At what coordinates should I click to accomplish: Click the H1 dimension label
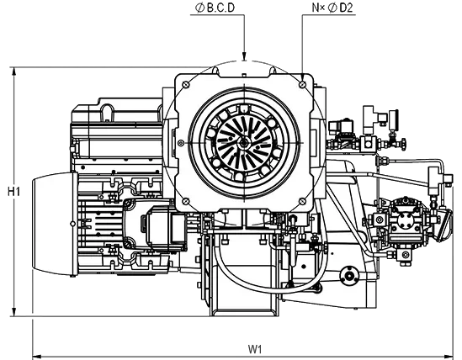pos(13,192)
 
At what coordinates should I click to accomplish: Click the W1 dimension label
pos(255,349)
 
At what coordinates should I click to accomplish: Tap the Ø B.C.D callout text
pos(215,8)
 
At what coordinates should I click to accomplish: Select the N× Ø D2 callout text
pos(332,8)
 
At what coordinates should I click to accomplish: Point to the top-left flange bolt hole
pos(186,84)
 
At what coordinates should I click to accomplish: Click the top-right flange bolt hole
pos(302,85)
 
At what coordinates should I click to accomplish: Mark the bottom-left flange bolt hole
pos(185,202)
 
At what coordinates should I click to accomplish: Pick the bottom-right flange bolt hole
pos(303,202)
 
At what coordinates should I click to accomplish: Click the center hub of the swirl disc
pos(244,143)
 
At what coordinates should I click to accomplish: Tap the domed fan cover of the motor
pos(54,224)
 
